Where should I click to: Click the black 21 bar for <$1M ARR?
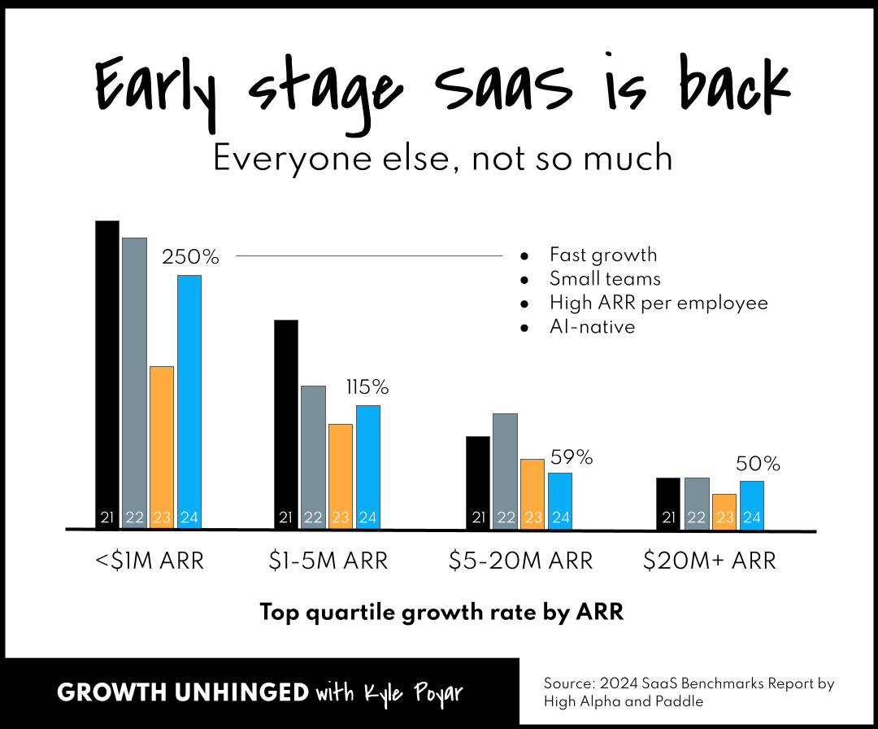tap(107, 374)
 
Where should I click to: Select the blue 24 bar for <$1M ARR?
tap(189, 402)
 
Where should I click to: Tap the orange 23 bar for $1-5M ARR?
tap(341, 476)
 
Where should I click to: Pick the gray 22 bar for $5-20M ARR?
tap(505, 471)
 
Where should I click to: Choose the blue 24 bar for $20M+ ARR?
tap(752, 504)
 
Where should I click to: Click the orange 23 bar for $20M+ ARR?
tap(724, 511)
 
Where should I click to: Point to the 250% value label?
tap(191, 257)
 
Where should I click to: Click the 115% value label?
tap(367, 387)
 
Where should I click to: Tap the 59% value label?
tap(572, 457)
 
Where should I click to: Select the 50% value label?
tap(758, 464)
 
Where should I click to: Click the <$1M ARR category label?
tap(149, 561)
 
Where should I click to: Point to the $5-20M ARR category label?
tap(521, 561)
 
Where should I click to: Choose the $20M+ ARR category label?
tap(710, 561)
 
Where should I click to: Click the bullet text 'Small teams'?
tap(605, 279)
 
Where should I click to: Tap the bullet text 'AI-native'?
tap(592, 327)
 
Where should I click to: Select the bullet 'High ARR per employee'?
tap(658, 303)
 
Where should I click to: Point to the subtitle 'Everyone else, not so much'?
tap(443, 158)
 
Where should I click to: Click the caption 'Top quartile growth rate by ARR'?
tap(441, 613)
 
